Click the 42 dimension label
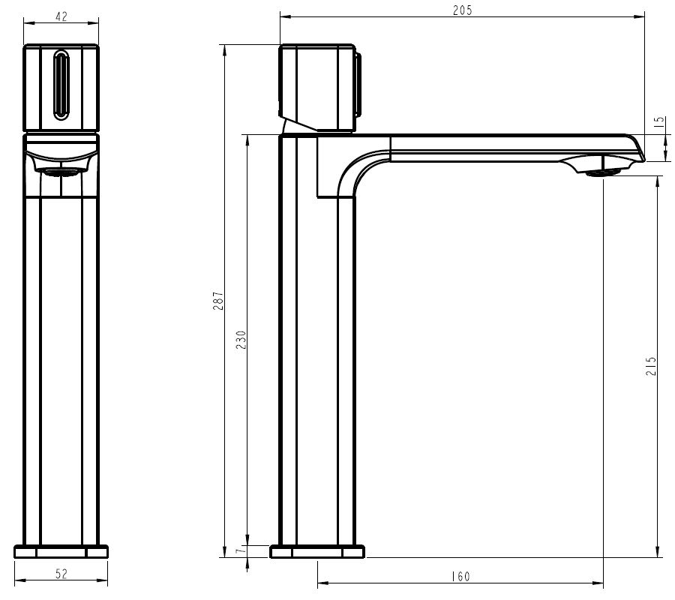[61, 16]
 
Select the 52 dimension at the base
[61, 574]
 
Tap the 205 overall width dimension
[462, 10]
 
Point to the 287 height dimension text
[219, 301]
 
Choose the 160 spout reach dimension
[461, 576]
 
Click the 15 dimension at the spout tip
[659, 122]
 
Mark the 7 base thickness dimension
[241, 550]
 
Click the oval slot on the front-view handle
[61, 84]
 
